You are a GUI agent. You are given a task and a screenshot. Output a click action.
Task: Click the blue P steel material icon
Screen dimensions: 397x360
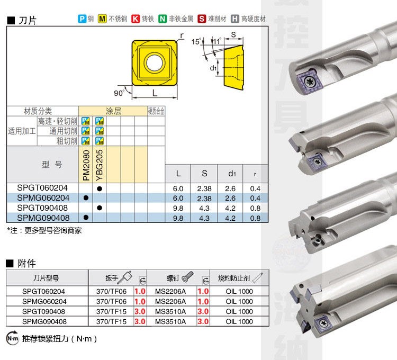coord(82,19)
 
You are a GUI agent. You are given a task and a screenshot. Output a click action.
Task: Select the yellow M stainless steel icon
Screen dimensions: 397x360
coord(102,19)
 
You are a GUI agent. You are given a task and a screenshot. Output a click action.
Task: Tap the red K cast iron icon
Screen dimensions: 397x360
coord(136,19)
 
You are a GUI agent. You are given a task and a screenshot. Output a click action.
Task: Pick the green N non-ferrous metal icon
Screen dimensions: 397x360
coord(163,19)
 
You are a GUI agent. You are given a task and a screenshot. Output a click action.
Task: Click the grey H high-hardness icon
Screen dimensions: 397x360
coord(234,19)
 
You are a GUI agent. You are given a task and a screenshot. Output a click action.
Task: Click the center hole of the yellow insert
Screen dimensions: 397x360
coord(155,62)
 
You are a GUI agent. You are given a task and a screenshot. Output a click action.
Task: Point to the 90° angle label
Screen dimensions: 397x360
coord(119,93)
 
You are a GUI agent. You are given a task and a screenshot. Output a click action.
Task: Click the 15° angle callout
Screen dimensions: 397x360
coord(196,41)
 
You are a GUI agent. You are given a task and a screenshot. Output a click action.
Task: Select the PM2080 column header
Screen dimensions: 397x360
coord(86,165)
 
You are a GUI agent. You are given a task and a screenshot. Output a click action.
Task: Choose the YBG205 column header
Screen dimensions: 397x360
coord(100,165)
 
